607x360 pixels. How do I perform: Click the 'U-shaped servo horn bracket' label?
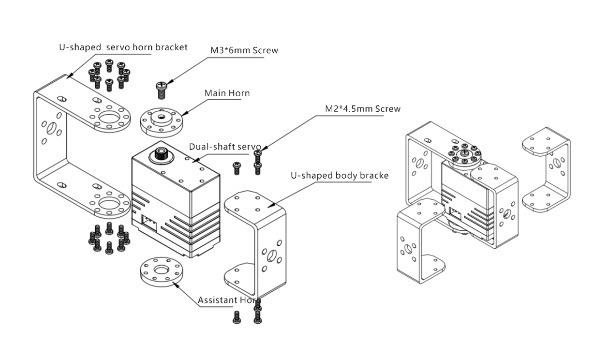pyautogui.click(x=123, y=47)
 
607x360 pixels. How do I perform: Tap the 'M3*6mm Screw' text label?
pyautogui.click(x=244, y=50)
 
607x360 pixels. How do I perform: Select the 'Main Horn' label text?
pyautogui.click(x=227, y=93)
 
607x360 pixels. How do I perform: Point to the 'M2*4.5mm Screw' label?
pyautogui.click(x=363, y=108)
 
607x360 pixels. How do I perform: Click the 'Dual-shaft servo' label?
pyautogui.click(x=224, y=147)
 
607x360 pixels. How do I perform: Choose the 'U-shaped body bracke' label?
pyautogui.click(x=339, y=175)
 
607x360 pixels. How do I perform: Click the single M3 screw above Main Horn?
pyautogui.click(x=161, y=89)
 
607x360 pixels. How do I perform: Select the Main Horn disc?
pyautogui.click(x=162, y=122)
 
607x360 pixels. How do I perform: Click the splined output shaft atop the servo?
pyautogui.click(x=160, y=155)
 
